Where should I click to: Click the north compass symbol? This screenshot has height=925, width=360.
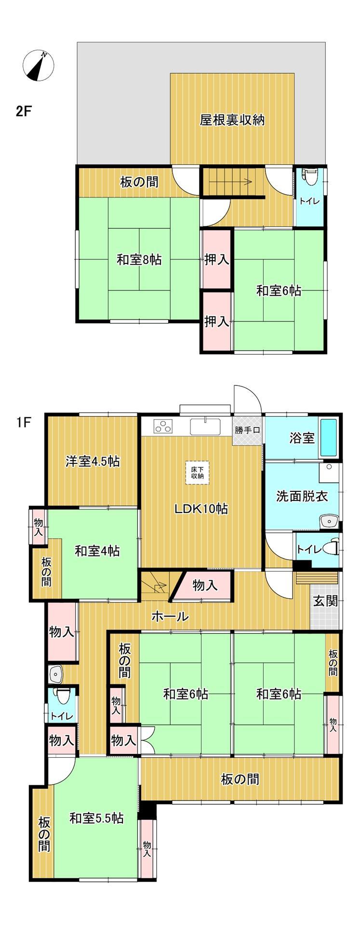[x=39, y=65]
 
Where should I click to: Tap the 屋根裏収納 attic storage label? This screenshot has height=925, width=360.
[x=232, y=120]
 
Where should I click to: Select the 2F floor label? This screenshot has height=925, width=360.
[x=24, y=111]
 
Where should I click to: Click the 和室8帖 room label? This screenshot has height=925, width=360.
[x=139, y=260]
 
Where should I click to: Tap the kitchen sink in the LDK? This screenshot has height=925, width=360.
[x=205, y=426]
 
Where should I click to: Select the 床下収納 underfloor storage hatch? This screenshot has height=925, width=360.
[x=197, y=472]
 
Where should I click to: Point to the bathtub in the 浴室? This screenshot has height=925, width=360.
[x=329, y=438]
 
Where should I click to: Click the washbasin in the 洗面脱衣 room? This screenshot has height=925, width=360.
[x=330, y=521]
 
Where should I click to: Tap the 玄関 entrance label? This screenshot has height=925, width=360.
[x=325, y=601]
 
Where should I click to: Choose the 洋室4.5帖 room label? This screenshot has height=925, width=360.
[x=93, y=462]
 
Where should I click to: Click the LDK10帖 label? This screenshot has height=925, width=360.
[x=201, y=508]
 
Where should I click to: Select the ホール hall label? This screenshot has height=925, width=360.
[x=170, y=616]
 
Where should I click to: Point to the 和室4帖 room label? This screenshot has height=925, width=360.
[x=97, y=551]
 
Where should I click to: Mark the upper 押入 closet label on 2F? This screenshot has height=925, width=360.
[x=216, y=260]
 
